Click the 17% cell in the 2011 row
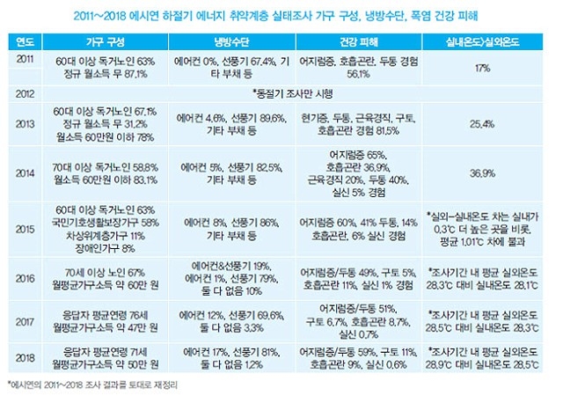pos(482,67)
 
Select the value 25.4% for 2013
pos(482,125)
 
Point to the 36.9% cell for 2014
pos(482,173)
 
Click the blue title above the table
pos(281,16)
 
